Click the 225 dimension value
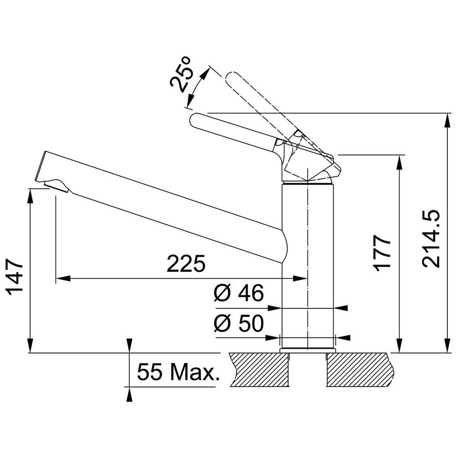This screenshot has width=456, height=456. click(x=186, y=264)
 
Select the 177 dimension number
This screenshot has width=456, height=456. click(x=382, y=253)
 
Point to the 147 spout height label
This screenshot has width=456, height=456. click(x=15, y=277)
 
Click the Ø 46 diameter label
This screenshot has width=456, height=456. click(x=239, y=293)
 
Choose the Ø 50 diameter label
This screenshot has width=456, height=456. click(x=239, y=323)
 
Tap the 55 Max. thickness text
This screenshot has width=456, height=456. click(x=178, y=372)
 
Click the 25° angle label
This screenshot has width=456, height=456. click(x=181, y=74)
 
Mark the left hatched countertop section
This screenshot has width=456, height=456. click(x=260, y=370)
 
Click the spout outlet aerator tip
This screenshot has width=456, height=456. click(x=56, y=186)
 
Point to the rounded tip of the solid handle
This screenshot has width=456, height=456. click(x=193, y=120)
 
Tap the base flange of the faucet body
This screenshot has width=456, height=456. click(x=308, y=350)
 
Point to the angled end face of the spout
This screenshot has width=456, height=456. click(x=40, y=166)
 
